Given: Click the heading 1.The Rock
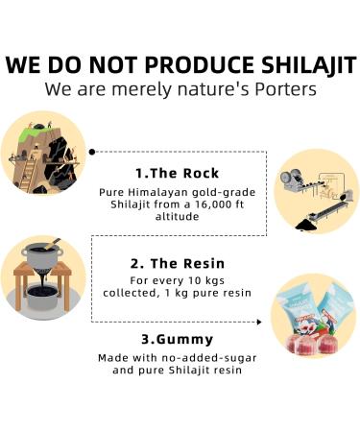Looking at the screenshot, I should click(178, 174).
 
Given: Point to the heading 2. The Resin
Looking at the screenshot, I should click(178, 261).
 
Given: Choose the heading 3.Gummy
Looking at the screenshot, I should click(178, 339).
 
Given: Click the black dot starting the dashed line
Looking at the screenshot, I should click(92, 151).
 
